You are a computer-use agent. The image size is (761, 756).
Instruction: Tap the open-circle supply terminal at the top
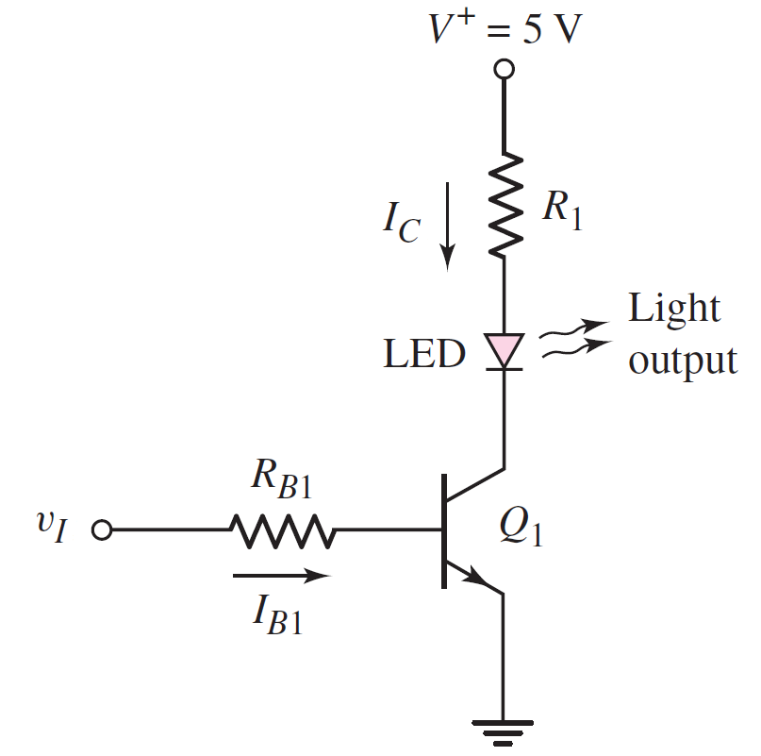point(505,70)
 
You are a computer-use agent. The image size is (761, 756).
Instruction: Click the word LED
point(423,354)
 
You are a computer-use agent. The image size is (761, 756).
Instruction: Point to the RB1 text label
point(280,484)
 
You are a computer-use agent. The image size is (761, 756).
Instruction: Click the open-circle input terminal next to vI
point(101,531)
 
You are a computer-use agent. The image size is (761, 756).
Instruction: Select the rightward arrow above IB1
point(282,575)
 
